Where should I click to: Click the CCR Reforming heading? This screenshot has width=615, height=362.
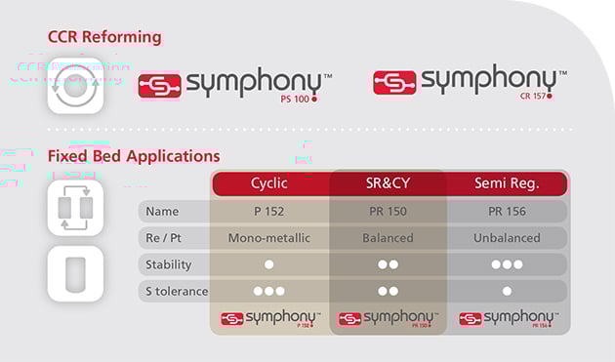(x=104, y=37)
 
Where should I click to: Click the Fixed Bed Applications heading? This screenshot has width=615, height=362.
(x=134, y=156)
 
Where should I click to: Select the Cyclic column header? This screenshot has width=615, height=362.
(x=269, y=183)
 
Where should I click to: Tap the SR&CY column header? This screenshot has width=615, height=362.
(x=388, y=183)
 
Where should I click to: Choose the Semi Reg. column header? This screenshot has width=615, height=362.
(x=506, y=183)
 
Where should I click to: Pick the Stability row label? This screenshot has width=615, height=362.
(x=169, y=264)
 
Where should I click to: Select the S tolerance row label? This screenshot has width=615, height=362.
(x=175, y=291)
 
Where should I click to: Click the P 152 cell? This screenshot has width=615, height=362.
(x=269, y=212)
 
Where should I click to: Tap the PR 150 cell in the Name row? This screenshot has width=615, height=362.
(x=388, y=212)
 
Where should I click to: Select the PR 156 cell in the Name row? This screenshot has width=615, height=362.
(x=506, y=212)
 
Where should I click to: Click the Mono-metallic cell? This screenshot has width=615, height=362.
(x=269, y=238)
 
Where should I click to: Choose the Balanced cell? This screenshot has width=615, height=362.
(x=388, y=238)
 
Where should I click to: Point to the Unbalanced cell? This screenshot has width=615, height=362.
(x=506, y=238)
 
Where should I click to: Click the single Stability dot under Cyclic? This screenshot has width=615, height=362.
(x=269, y=264)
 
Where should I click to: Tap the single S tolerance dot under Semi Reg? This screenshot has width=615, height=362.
(x=506, y=291)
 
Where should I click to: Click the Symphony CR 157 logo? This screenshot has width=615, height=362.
(x=470, y=82)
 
